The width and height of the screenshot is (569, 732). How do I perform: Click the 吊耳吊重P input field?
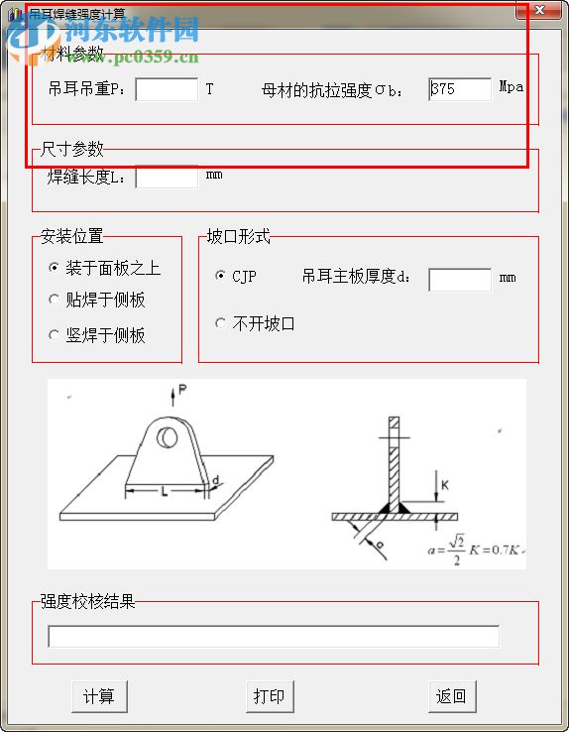tap(167, 89)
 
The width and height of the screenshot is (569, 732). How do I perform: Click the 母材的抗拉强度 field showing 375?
tap(460, 89)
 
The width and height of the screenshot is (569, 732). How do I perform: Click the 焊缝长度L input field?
tap(167, 178)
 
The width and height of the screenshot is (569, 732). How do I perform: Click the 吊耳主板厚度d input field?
tap(460, 279)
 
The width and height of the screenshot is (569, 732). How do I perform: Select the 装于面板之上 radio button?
tap(55, 268)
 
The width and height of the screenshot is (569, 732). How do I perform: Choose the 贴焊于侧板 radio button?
tap(55, 300)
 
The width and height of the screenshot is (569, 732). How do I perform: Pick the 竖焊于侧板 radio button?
tap(55, 335)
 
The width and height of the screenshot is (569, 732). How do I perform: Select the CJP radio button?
tap(220, 276)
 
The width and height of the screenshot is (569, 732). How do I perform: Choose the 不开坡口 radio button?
tap(220, 323)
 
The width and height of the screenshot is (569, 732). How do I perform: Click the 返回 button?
tap(451, 696)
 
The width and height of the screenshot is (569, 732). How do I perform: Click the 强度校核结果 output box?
tap(274, 637)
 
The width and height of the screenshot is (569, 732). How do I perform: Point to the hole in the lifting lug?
tap(170, 436)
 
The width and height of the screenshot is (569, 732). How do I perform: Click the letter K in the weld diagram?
tap(445, 484)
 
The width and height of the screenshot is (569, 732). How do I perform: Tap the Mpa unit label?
tap(511, 87)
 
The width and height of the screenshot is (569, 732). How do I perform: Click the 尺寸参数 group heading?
tap(71, 149)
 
